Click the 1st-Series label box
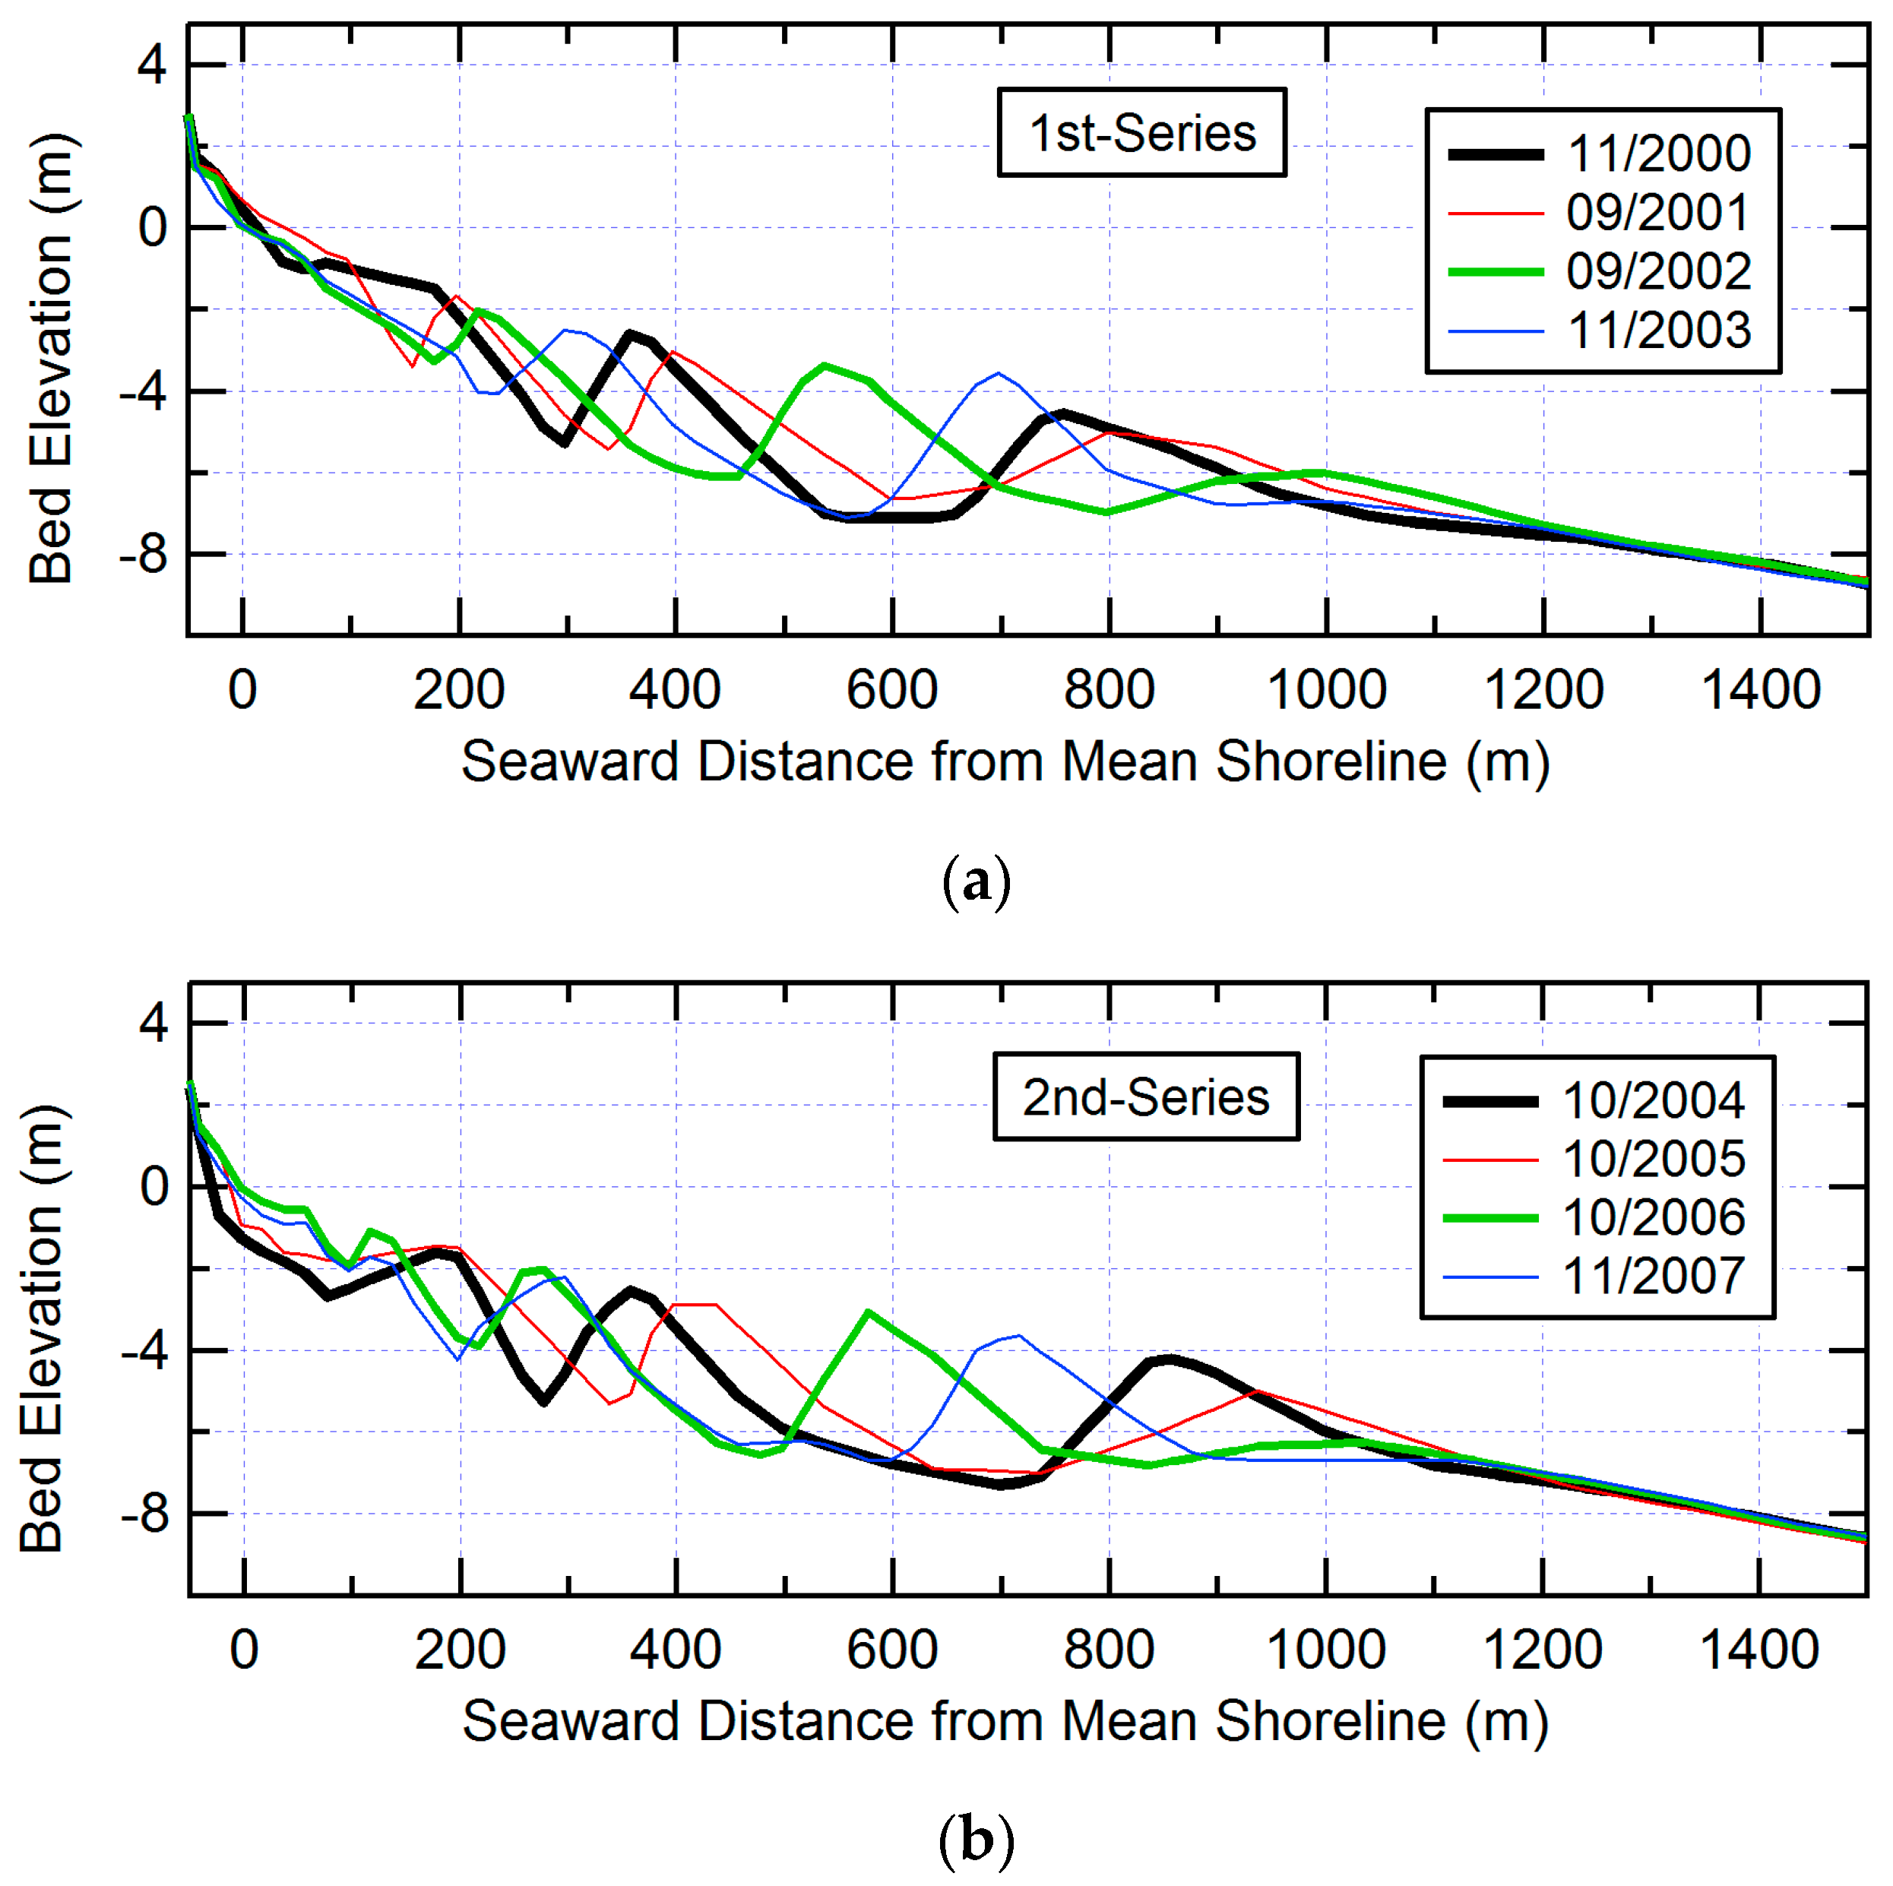[x=1141, y=132]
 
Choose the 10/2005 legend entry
[x=1653, y=1159]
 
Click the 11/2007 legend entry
[x=1653, y=1277]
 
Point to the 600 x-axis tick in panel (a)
[x=891, y=690]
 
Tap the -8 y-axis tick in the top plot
[x=143, y=555]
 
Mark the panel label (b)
[x=975, y=1841]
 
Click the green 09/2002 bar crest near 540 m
[x=826, y=365]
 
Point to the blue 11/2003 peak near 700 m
[x=999, y=373]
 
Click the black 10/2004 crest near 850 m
[x=1168, y=1359]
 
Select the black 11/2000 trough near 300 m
[x=565, y=444]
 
